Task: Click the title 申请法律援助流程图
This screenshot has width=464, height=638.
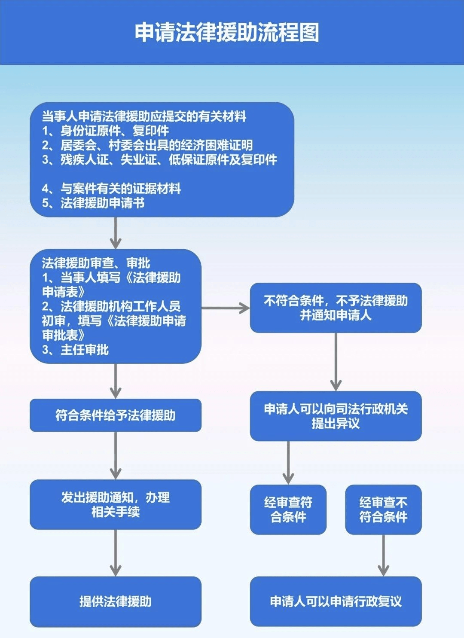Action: click(x=227, y=33)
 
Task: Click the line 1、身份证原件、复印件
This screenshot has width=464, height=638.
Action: click(x=105, y=131)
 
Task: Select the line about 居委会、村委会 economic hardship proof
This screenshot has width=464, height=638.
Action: click(x=147, y=145)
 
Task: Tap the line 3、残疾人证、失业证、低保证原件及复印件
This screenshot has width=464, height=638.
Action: click(x=159, y=160)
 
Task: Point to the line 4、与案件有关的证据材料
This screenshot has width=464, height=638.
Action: click(x=111, y=188)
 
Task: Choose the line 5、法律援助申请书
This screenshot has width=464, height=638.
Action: click(x=93, y=203)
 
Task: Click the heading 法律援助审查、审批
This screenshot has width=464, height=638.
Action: click(x=96, y=263)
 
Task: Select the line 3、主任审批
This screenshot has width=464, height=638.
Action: click(x=75, y=350)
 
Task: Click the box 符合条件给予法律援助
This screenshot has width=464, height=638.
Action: click(x=115, y=415)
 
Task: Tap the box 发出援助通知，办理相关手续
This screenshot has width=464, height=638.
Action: click(x=115, y=504)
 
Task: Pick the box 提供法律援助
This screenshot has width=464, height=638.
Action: click(x=115, y=601)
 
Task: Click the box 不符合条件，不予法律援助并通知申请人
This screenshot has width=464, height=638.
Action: click(x=336, y=308)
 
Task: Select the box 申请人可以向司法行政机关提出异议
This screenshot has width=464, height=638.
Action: click(x=336, y=416)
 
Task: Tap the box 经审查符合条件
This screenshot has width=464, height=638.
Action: click(x=288, y=510)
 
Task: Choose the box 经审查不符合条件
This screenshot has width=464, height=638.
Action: click(x=383, y=510)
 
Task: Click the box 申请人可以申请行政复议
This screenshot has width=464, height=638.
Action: click(x=336, y=601)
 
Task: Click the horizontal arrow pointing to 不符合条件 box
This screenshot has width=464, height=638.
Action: click(x=226, y=308)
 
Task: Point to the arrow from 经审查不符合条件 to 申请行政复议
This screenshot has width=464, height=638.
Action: click(x=383, y=555)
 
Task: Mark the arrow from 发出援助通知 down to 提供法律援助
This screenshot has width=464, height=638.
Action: click(x=115, y=553)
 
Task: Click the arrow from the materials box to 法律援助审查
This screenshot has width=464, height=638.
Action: click(x=115, y=233)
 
